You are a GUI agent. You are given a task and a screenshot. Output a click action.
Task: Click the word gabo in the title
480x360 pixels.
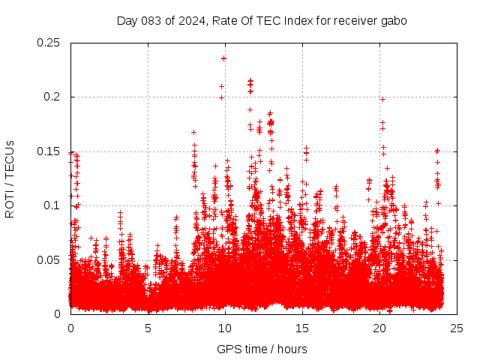point(393,21)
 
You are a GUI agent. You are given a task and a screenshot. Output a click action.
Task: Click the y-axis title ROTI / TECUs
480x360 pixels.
point(10,178)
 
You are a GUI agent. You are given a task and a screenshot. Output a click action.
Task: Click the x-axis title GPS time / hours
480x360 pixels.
point(262,349)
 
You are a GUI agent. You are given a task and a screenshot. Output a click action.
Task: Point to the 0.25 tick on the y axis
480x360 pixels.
point(49,43)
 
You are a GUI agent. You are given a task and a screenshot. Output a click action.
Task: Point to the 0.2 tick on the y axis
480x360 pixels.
point(52,97)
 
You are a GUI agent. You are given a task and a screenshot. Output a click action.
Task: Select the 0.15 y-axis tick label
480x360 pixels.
point(49,151)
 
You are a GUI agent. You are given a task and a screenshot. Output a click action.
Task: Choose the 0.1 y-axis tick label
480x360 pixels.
point(52,205)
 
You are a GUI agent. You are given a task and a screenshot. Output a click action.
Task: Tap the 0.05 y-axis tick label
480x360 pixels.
point(49,259)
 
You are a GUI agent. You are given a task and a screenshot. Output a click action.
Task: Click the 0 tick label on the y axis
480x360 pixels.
point(59,313)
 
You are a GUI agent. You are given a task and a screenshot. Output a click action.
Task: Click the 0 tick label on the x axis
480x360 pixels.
point(70,328)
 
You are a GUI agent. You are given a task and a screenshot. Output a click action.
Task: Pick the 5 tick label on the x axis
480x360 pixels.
point(148,328)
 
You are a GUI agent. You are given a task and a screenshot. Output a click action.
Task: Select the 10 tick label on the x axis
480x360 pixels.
point(226,328)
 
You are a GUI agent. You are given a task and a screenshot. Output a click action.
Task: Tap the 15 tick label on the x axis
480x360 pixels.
point(303,328)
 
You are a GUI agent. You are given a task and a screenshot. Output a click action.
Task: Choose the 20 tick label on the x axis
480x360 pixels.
point(380,328)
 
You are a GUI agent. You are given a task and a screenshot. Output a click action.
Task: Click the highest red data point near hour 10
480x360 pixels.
point(223,58)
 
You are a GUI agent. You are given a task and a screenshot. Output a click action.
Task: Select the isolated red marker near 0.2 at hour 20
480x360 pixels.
point(382,99)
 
